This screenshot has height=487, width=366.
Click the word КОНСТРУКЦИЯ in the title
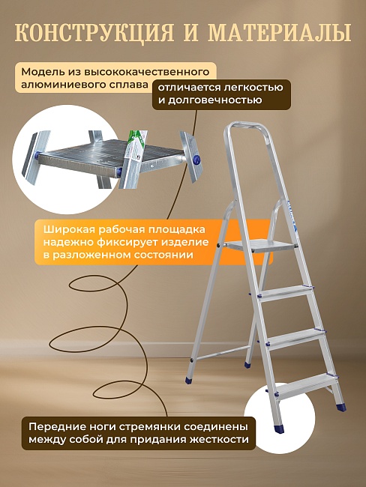coord(94,34)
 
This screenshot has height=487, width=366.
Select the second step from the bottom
coord(294,336)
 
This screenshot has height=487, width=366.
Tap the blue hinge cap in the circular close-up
coord(198,159)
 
